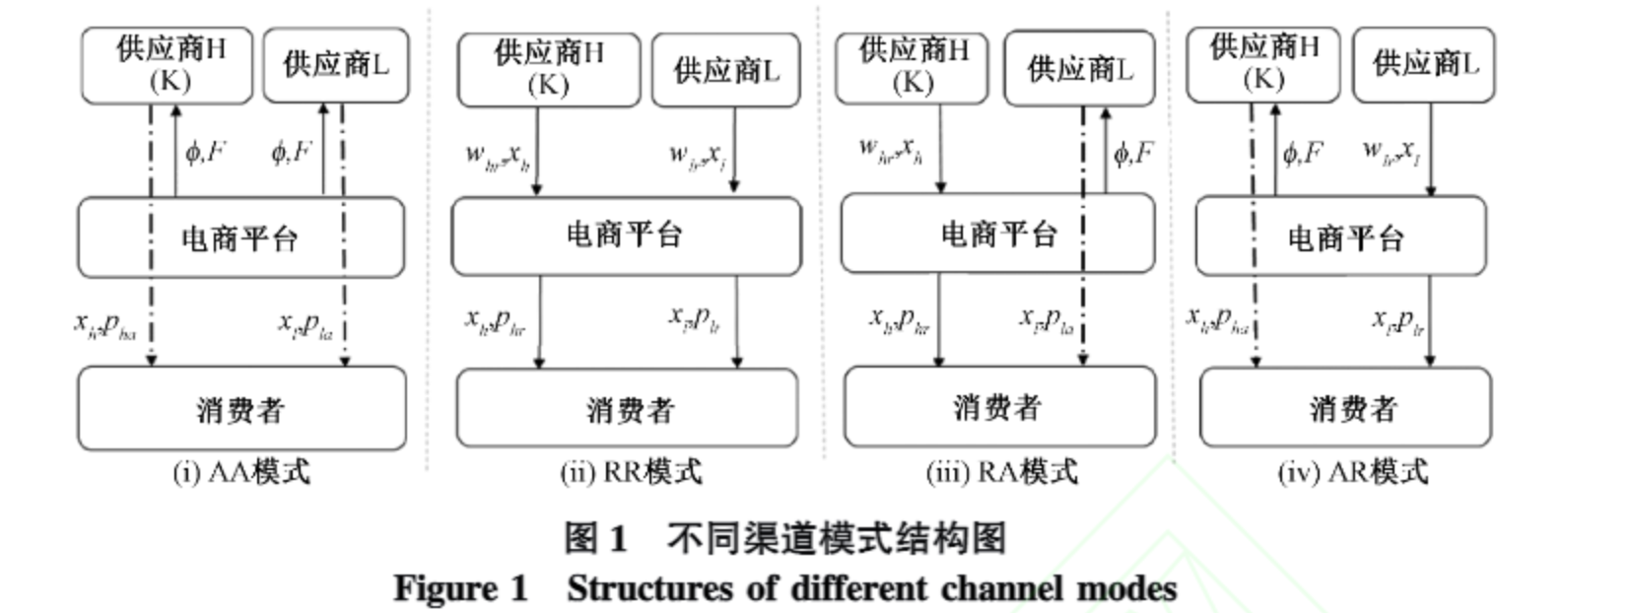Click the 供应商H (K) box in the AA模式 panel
point(168,65)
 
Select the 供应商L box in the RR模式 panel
point(726,70)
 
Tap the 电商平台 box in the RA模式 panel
point(997,234)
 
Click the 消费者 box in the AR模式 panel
point(1345,408)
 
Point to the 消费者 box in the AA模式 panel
point(241,409)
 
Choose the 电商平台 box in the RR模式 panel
point(626,235)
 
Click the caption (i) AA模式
point(241,472)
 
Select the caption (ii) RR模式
point(631,472)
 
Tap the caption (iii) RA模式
point(1001,472)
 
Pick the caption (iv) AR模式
point(1352,472)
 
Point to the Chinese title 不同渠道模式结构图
point(836,538)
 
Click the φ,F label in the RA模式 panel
point(1133,153)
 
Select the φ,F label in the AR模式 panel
point(1302,153)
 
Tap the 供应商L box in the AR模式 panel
point(1424,65)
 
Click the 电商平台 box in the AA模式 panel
point(241,238)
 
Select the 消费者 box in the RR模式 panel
point(628,409)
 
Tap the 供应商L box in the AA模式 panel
point(336,65)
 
